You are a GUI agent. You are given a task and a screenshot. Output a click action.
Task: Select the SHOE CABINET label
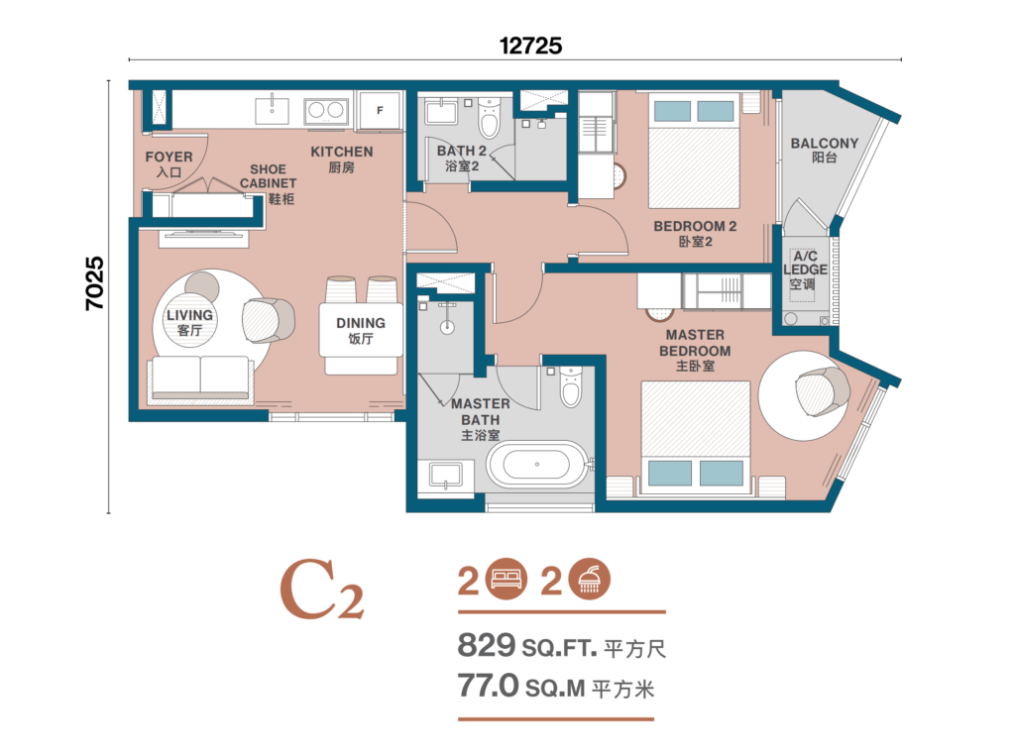268,183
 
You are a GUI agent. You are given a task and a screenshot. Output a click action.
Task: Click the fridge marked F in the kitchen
379,110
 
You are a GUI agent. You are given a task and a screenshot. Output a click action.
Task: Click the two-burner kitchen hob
326,110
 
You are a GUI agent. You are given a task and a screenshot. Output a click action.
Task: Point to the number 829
486,648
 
